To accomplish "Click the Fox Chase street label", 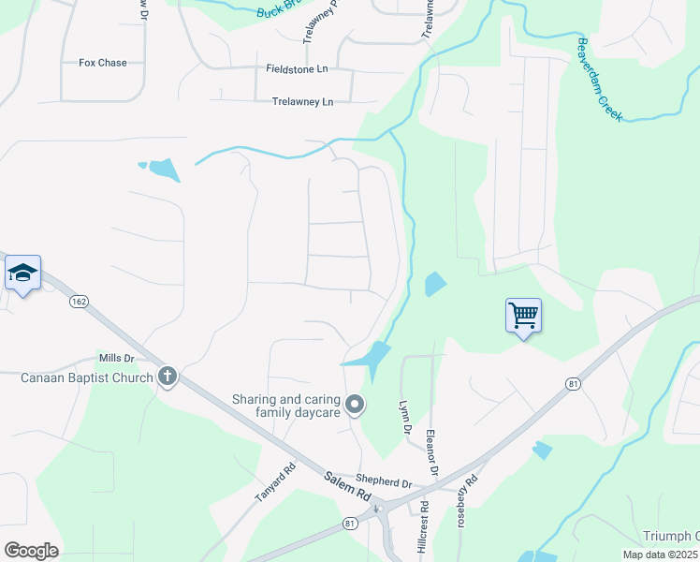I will coord(103,63).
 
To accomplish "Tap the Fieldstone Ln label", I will coord(298,68).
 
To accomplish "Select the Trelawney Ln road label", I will coord(302,101).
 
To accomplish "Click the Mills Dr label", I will coord(117,359).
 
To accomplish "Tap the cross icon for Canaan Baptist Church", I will coord(168,377).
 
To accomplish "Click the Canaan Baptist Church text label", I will coord(87,377).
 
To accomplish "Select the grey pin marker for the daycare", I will coord(355,405).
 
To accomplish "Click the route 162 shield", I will coord(79,301).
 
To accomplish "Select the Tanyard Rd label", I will coord(274,482).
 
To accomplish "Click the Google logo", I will coord(31,550).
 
